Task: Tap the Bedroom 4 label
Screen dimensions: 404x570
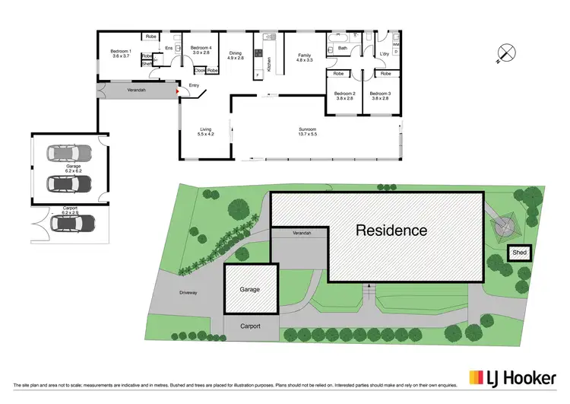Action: pyautogui.click(x=201, y=49)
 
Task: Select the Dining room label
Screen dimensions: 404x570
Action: pyautogui.click(x=236, y=55)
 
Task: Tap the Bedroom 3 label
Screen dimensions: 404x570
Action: pyautogui.click(x=380, y=97)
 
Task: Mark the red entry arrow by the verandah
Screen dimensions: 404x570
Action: pyautogui.click(x=178, y=91)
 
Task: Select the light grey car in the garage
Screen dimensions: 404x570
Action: pyautogui.click(x=69, y=154)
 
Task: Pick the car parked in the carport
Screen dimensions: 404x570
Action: pyautogui.click(x=73, y=223)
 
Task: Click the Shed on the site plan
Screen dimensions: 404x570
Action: pyautogui.click(x=520, y=253)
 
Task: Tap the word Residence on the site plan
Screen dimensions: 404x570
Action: pyautogui.click(x=391, y=230)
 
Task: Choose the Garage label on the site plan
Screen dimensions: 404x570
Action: pyautogui.click(x=250, y=290)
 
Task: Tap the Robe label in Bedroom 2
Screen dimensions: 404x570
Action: pyautogui.click(x=337, y=74)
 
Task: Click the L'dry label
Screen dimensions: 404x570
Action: pyautogui.click(x=383, y=54)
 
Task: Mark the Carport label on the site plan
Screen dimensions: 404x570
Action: pyautogui.click(x=250, y=326)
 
